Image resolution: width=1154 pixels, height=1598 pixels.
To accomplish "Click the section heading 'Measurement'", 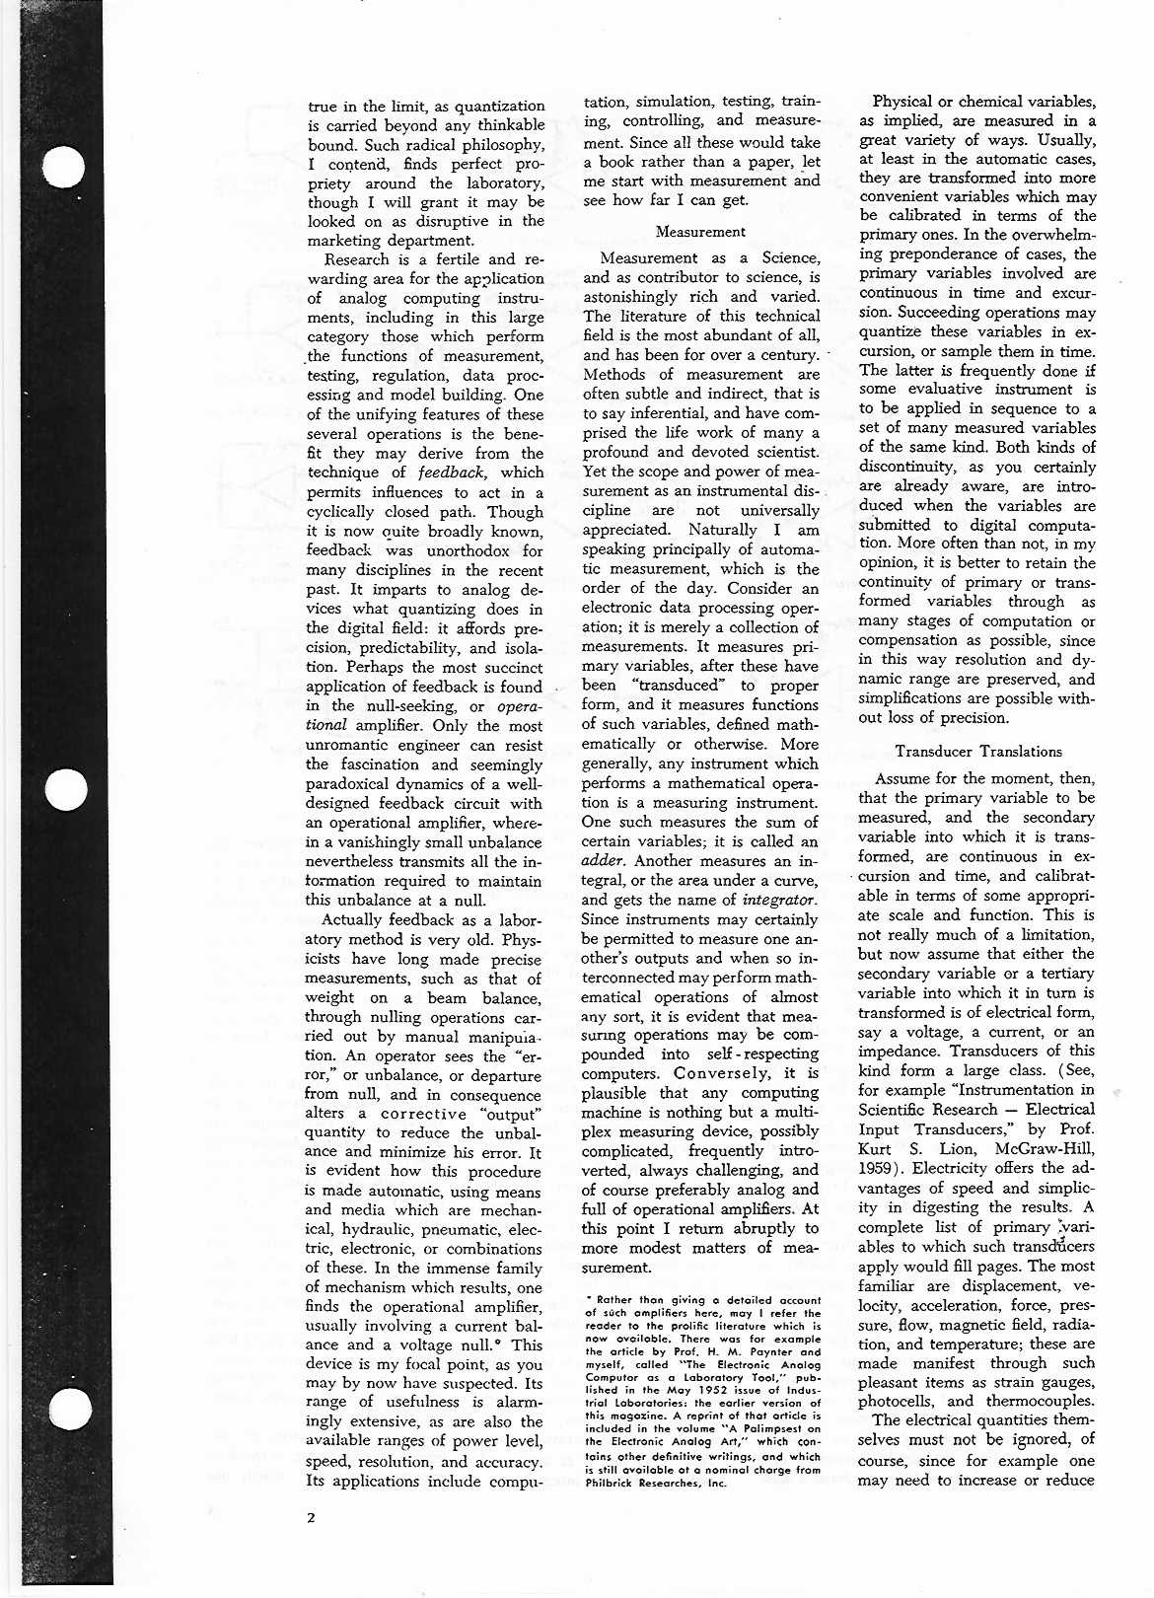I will (x=700, y=233).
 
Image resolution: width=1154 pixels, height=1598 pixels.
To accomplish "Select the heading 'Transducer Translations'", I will (x=978, y=752).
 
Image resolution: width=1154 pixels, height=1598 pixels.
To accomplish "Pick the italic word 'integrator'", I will (x=778, y=900).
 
